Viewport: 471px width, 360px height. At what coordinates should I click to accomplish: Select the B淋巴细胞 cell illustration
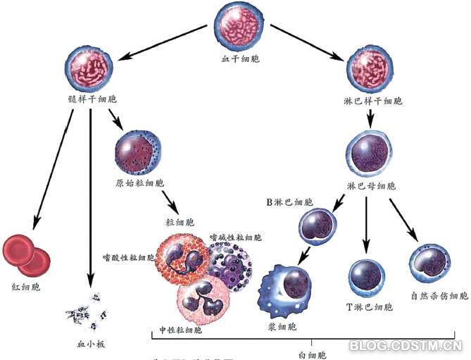[319, 225]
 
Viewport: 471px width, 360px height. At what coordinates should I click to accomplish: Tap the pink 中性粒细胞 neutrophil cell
[205, 299]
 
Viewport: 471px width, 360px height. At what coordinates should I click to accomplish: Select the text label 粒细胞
[178, 223]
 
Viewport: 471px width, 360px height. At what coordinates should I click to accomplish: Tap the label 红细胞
[26, 289]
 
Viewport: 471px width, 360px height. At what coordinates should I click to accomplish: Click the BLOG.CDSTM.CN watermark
[406, 345]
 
